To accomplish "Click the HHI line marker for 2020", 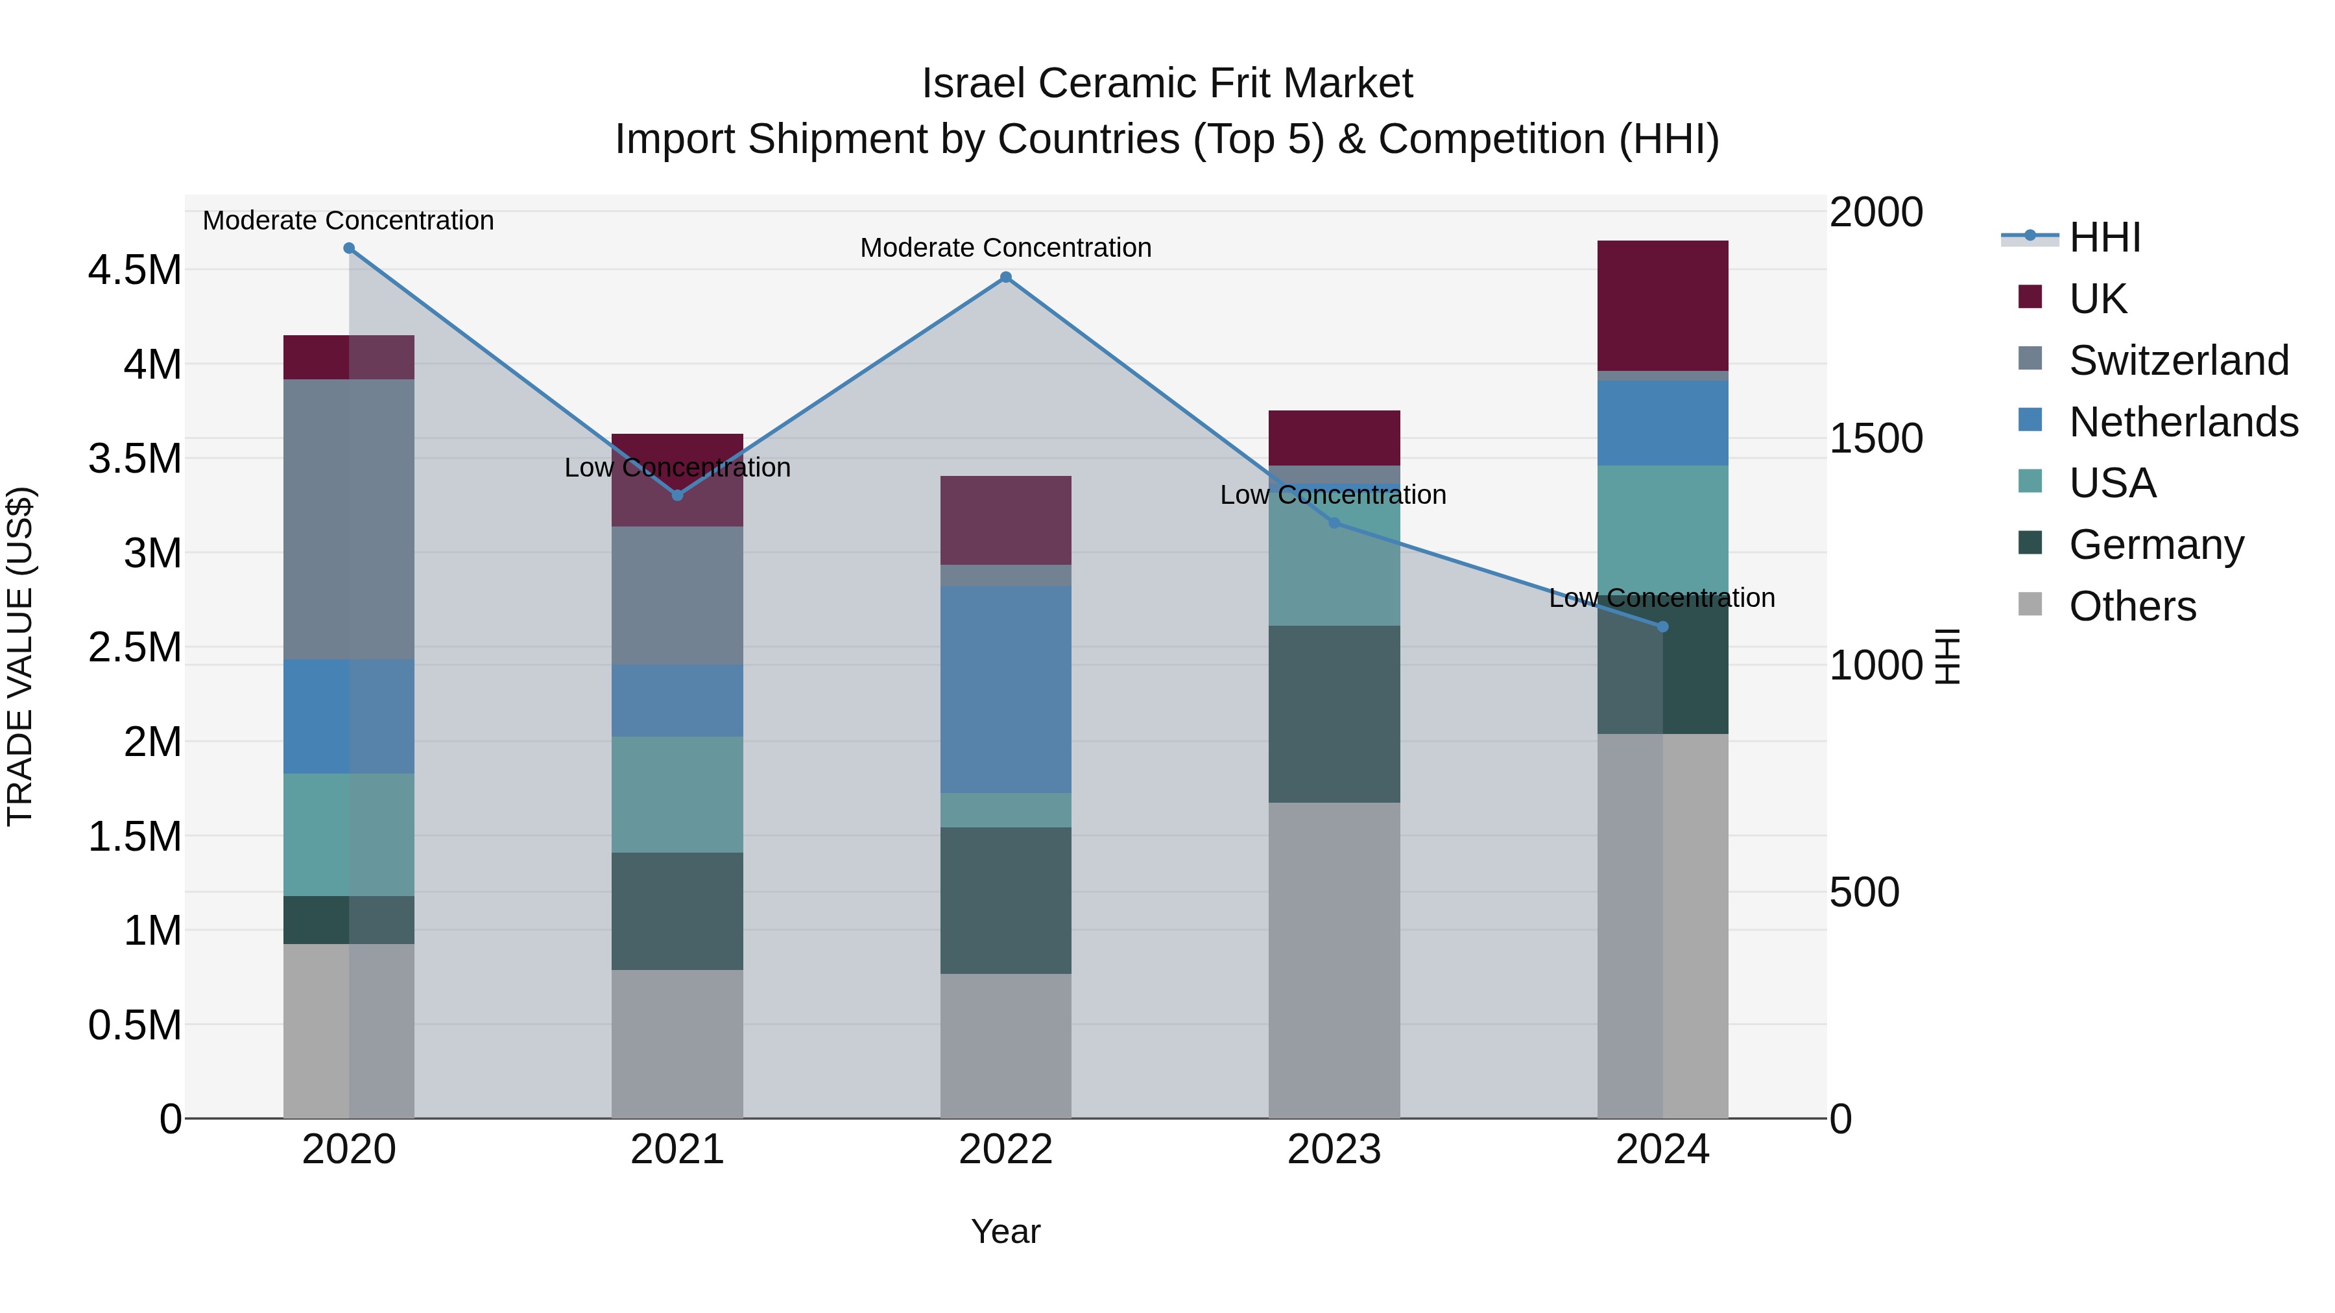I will (x=349, y=248).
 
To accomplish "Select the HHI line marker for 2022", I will (x=1005, y=278).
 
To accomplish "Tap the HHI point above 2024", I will (x=1662, y=627).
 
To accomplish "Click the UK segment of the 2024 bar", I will (x=1662, y=305).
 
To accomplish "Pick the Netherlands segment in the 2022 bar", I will (x=1005, y=689).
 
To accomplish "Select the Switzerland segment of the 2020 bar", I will (x=349, y=519).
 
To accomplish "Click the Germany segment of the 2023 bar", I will (x=1334, y=714).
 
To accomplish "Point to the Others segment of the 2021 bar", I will (x=677, y=1044).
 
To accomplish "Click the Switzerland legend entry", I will (x=2178, y=361).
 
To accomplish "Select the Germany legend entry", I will (x=2155, y=545).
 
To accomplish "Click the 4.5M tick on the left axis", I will (x=134, y=270).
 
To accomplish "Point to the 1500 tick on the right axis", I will (x=1875, y=438).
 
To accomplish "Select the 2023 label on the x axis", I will (x=1334, y=1150).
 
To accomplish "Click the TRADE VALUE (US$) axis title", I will (x=20, y=656).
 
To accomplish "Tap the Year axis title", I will (x=1005, y=1231).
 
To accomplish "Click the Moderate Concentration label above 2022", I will (x=1005, y=248).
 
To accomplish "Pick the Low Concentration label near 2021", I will (x=677, y=467).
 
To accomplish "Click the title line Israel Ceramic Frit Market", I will (x=1167, y=84).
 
